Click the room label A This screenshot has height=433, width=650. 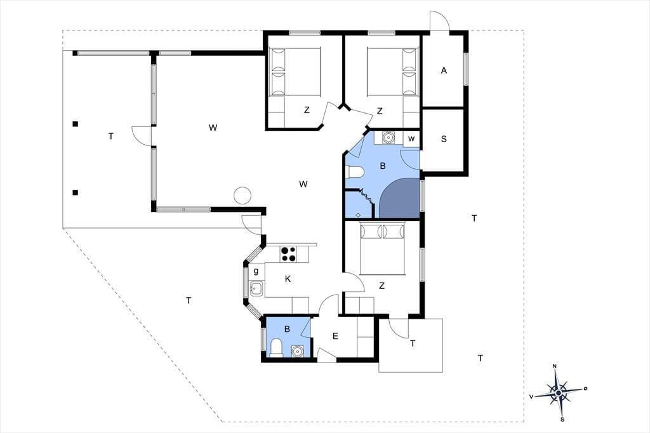pyautogui.click(x=444, y=70)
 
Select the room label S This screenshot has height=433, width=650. pyautogui.click(x=444, y=139)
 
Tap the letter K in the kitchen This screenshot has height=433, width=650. pyautogui.click(x=288, y=279)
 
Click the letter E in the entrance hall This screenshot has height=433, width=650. pyautogui.click(x=335, y=336)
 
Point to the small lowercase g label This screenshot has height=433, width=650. pyautogui.click(x=256, y=271)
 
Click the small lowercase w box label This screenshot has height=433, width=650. pyautogui.click(x=411, y=138)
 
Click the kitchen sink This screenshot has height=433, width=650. pyautogui.click(x=256, y=288)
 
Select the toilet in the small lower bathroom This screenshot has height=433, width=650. pyautogui.click(x=276, y=347)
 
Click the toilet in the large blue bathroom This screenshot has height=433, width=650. pyautogui.click(x=355, y=171)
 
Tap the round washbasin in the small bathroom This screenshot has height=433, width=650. pyautogui.click(x=297, y=351)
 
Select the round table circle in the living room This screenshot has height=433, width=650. pyautogui.click(x=242, y=195)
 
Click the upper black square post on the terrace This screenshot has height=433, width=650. pyautogui.click(x=75, y=124)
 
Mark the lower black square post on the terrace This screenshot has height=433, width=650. pyautogui.click(x=75, y=192)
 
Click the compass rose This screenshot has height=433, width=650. pyautogui.click(x=559, y=392)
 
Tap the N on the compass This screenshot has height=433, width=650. pyautogui.click(x=554, y=366)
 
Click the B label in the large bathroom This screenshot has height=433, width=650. pyautogui.click(x=383, y=166)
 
